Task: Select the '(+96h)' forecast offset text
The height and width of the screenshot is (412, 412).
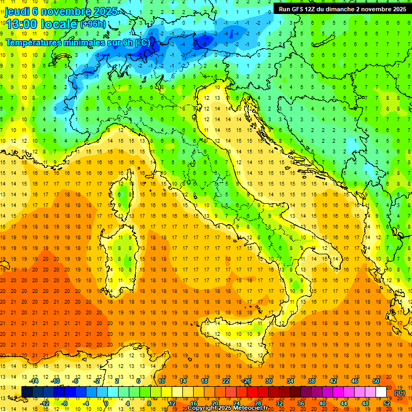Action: pyautogui.click(x=93, y=24)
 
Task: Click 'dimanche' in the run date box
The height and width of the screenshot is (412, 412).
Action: pyautogui.click(x=340, y=9)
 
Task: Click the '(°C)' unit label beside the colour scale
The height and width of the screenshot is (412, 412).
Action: pyautogui.click(x=400, y=393)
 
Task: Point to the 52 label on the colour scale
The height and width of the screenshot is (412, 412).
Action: pyautogui.click(x=387, y=403)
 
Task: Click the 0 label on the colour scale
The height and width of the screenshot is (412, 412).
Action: pyautogui.click(x=106, y=403)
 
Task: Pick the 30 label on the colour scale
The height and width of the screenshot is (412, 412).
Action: pyautogui.click(x=269, y=381)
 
